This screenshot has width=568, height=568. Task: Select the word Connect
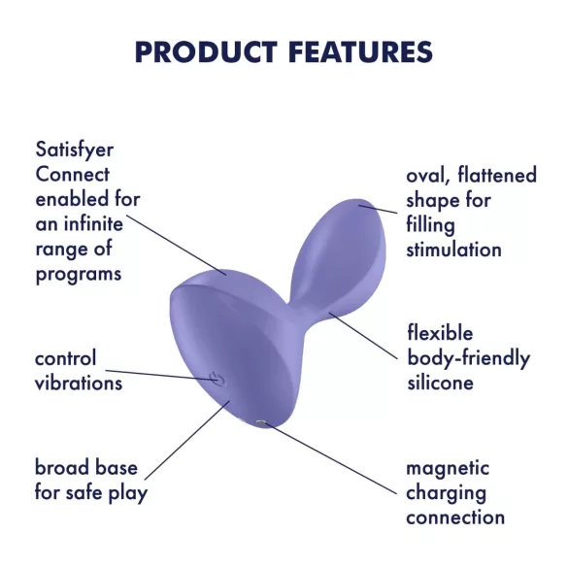(x=72, y=176)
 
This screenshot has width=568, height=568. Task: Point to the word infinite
(x=93, y=224)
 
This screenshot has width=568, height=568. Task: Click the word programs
(x=78, y=274)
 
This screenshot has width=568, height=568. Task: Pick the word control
(x=65, y=358)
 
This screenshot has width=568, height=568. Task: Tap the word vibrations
(x=78, y=383)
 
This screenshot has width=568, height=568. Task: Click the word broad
(x=59, y=468)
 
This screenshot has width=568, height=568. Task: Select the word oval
(x=426, y=176)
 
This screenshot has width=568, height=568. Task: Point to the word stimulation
(x=453, y=250)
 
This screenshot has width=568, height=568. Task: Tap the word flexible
(x=440, y=334)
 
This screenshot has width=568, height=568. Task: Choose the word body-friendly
(x=468, y=358)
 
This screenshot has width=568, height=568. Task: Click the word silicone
(x=440, y=383)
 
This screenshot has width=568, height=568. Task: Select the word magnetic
(x=447, y=468)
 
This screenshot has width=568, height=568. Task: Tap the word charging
(x=446, y=492)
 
